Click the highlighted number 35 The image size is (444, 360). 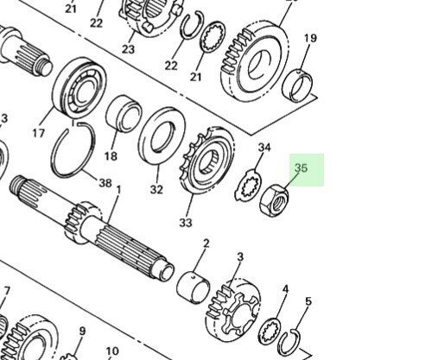tap(301, 168)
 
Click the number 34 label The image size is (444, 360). tap(264, 148)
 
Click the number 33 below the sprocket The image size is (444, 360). tap(186, 223)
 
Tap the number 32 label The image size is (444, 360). tap(156, 190)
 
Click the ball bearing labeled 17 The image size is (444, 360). tap(76, 88)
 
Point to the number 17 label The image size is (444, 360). tap(38, 134)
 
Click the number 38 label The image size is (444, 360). tap(105, 183)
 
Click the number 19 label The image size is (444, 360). tap(310, 39)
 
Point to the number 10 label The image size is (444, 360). tap(112, 351)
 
